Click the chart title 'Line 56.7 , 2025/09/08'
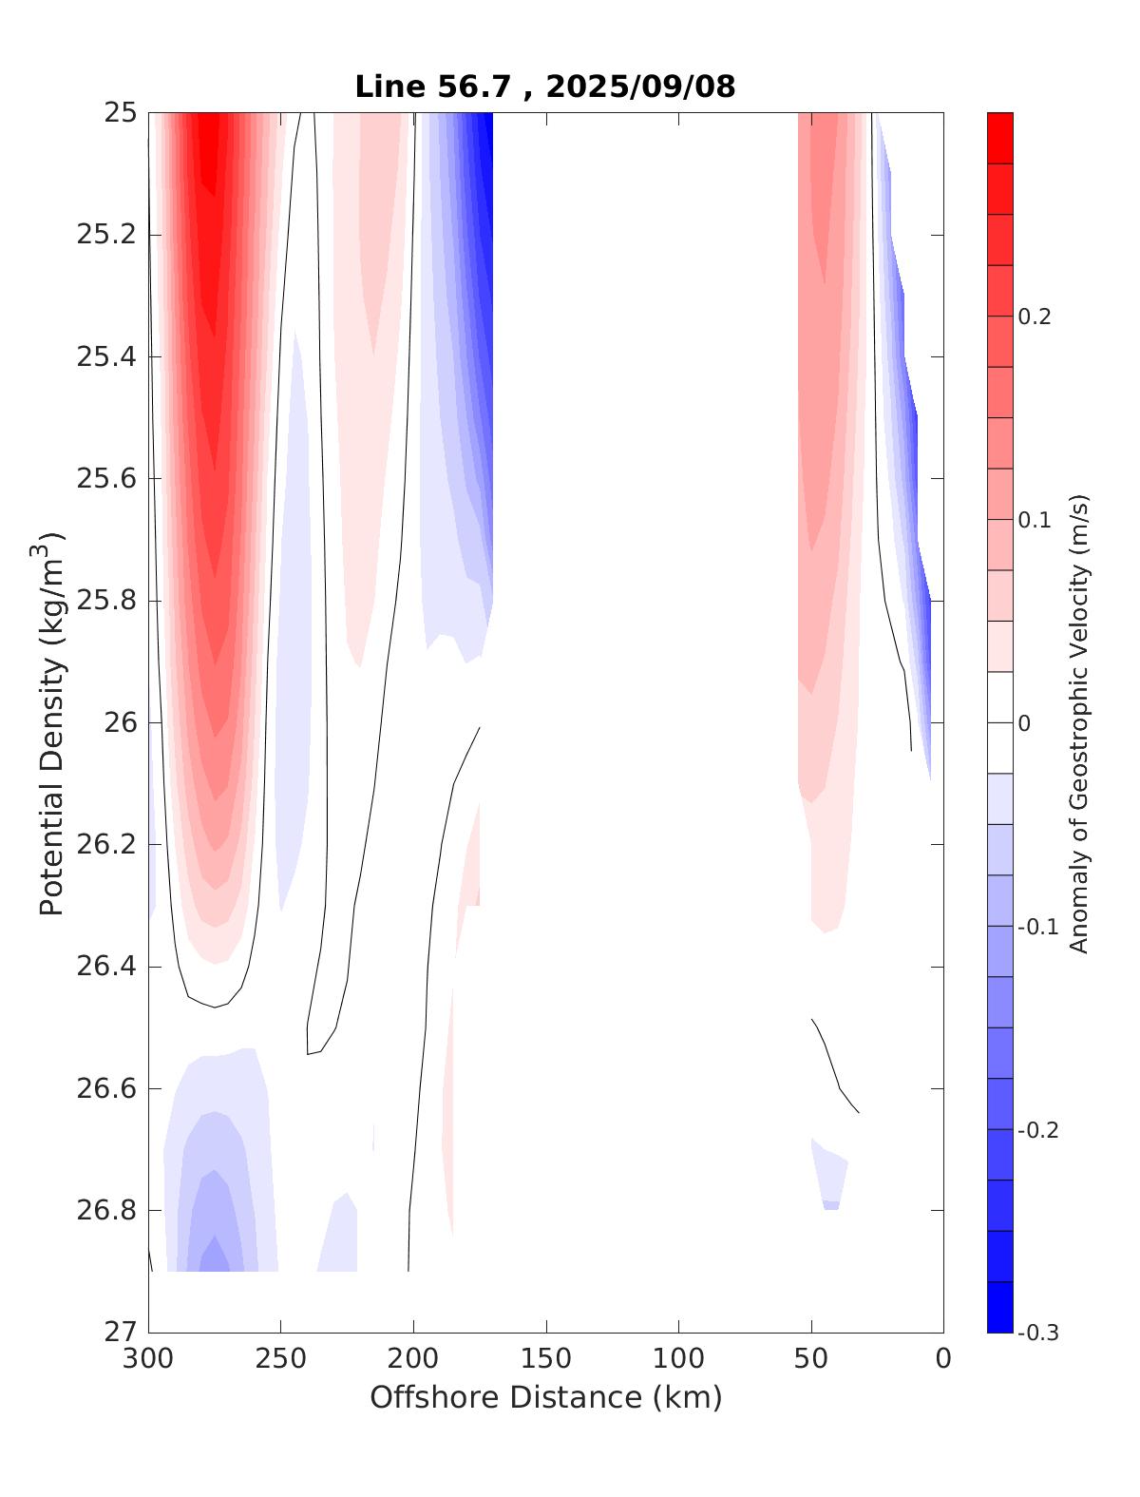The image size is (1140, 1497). click(544, 86)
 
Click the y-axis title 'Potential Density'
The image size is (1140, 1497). click(51, 724)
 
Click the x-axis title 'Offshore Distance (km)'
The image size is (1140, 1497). click(545, 1397)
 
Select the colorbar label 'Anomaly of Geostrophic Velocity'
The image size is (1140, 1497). click(1078, 722)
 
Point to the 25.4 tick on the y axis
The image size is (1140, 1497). click(106, 357)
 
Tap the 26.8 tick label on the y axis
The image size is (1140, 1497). click(106, 1211)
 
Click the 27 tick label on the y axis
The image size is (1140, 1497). click(120, 1333)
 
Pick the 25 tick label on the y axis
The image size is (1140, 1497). click(120, 113)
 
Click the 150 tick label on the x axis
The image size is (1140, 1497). click(546, 1359)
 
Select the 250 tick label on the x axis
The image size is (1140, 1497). click(281, 1359)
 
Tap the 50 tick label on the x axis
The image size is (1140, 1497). click(811, 1359)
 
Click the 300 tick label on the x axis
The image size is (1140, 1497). click(149, 1359)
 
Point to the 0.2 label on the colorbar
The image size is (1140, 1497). click(1035, 317)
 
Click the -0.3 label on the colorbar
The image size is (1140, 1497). click(1038, 1333)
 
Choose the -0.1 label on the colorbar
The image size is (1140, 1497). click(1038, 927)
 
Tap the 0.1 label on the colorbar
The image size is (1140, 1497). click(1035, 520)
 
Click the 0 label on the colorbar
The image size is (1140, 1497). click(1024, 723)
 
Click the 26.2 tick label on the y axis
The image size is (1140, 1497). click(106, 845)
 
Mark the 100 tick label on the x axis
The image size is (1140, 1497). click(678, 1359)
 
